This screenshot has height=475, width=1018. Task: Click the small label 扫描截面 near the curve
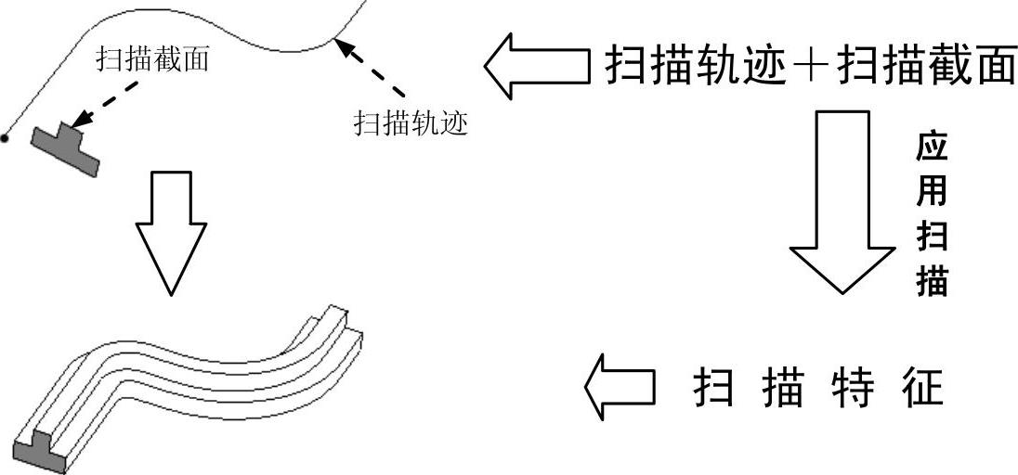click(x=152, y=60)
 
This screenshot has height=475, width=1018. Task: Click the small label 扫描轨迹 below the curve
click(x=411, y=122)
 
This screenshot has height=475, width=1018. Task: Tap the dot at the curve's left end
click(x=5, y=139)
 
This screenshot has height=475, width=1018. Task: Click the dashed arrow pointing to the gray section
click(x=106, y=103)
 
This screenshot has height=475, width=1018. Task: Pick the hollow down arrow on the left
click(x=171, y=232)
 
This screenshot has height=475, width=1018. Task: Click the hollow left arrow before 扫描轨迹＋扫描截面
click(x=537, y=66)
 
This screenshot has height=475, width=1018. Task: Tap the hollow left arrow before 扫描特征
click(x=619, y=387)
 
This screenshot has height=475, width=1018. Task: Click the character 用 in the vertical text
click(x=932, y=191)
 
